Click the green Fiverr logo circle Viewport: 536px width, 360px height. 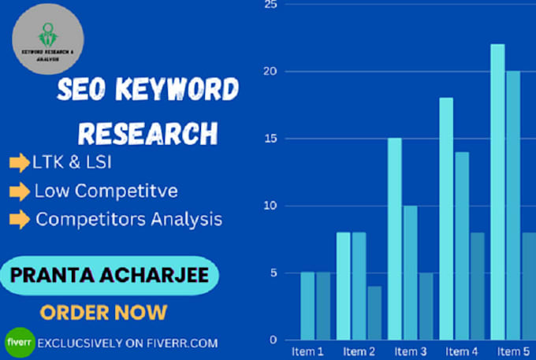point(17,343)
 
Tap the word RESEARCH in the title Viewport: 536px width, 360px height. point(147,131)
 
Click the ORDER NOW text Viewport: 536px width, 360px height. point(103,312)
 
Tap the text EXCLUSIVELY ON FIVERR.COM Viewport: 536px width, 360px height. point(127,343)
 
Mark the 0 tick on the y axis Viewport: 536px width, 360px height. point(273,340)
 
